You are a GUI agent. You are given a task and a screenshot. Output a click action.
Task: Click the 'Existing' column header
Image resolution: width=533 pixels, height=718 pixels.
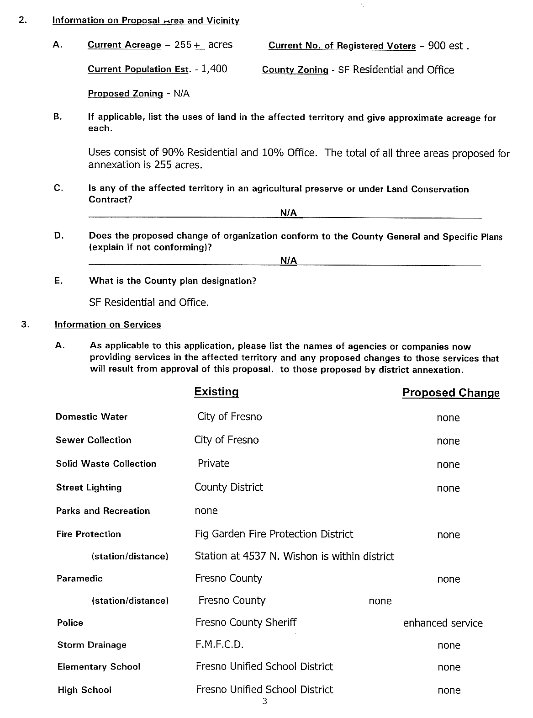click(x=216, y=392)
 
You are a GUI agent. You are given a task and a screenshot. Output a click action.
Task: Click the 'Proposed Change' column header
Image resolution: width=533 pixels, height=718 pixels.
click(x=451, y=393)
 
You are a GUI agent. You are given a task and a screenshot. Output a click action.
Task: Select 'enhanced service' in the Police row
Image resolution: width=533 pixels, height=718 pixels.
click(x=443, y=623)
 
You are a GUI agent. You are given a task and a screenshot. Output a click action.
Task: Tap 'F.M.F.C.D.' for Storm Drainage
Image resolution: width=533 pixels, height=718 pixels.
click(x=220, y=645)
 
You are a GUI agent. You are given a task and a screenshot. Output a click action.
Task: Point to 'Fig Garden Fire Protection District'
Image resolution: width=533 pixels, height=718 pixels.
click(x=274, y=534)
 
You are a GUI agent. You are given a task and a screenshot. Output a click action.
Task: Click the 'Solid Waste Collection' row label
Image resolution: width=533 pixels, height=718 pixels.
click(x=106, y=464)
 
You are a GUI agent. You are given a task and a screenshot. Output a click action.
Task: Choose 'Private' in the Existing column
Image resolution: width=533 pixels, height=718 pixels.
click(x=213, y=463)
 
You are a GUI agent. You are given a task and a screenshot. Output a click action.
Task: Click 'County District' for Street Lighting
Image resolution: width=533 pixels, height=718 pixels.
click(x=229, y=487)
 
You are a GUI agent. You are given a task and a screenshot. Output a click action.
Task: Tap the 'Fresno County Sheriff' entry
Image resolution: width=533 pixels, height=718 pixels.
click(x=246, y=622)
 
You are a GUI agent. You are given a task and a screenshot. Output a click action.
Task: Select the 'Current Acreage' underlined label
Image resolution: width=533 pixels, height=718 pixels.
click(x=124, y=45)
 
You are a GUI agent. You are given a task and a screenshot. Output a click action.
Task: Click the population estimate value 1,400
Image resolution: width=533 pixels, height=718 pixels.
click(x=214, y=69)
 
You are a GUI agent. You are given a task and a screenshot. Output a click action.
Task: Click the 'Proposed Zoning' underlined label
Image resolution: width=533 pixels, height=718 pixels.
click(x=125, y=94)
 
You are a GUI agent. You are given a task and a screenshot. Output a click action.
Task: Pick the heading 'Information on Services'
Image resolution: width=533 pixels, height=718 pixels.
click(x=108, y=324)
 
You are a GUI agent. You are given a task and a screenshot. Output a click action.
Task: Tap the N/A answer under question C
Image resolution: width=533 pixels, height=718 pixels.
click(x=289, y=213)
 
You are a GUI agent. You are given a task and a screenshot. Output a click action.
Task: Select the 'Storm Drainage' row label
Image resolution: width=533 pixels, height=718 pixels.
click(x=92, y=645)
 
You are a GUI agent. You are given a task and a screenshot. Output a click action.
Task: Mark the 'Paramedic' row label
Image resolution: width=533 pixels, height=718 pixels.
click(x=79, y=579)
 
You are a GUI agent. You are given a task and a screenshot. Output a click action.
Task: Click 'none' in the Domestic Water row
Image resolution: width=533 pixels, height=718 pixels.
click(x=448, y=418)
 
